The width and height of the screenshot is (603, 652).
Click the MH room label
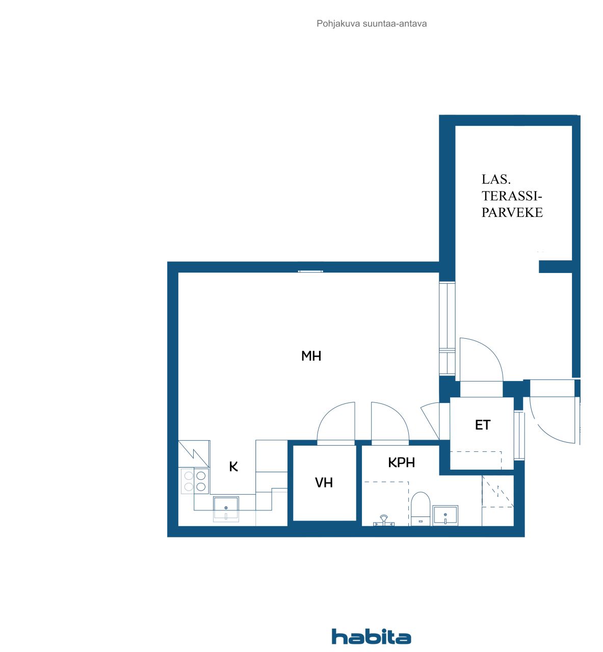[x=311, y=356]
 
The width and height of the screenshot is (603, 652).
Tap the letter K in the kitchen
[x=233, y=467]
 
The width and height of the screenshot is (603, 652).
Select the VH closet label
[x=324, y=482]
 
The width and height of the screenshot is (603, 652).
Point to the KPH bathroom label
[x=401, y=463]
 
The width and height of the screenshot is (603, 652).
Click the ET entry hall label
[x=482, y=425]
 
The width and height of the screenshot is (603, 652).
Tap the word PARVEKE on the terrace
[x=512, y=212]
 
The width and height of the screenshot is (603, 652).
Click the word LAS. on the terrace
[x=495, y=179]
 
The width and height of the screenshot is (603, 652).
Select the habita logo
[x=371, y=637]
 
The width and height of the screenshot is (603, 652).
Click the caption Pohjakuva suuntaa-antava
[x=372, y=23]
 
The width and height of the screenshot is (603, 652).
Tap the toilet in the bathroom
[x=421, y=507]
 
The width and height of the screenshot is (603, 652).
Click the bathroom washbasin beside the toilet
[x=445, y=515]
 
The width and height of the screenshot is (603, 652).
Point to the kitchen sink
[x=226, y=508]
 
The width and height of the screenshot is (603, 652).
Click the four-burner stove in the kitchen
[x=195, y=481]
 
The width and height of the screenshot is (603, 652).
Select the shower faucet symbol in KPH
[x=383, y=521]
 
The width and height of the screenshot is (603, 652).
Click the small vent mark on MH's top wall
[x=310, y=271]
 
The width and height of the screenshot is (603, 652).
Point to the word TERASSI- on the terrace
[x=512, y=196]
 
